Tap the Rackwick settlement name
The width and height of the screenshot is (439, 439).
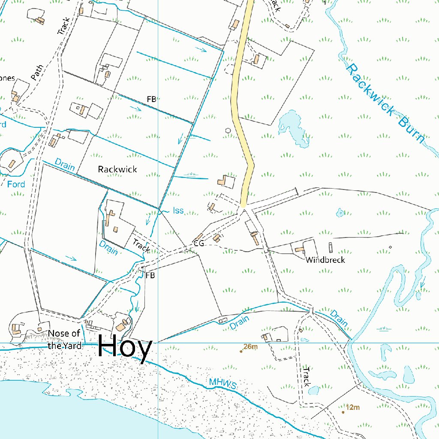tap(117, 169)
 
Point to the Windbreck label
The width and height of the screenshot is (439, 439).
tap(325, 260)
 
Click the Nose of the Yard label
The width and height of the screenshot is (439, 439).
tap(64, 340)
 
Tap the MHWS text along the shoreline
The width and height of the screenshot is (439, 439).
tap(223, 383)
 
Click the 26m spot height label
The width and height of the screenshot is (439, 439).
tap(250, 347)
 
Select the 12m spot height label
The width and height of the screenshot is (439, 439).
tap(352, 407)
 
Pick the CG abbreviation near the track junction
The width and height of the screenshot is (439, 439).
tap(198, 244)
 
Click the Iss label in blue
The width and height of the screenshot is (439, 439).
tap(178, 210)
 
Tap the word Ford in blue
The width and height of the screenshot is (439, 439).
tap(16, 184)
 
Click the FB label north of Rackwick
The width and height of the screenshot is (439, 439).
tap(151, 99)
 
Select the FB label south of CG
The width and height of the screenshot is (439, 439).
tap(150, 275)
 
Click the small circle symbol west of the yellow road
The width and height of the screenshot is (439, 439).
tap(228, 130)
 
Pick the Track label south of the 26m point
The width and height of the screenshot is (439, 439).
tap(306, 376)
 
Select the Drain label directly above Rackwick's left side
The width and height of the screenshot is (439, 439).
tap(65, 165)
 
